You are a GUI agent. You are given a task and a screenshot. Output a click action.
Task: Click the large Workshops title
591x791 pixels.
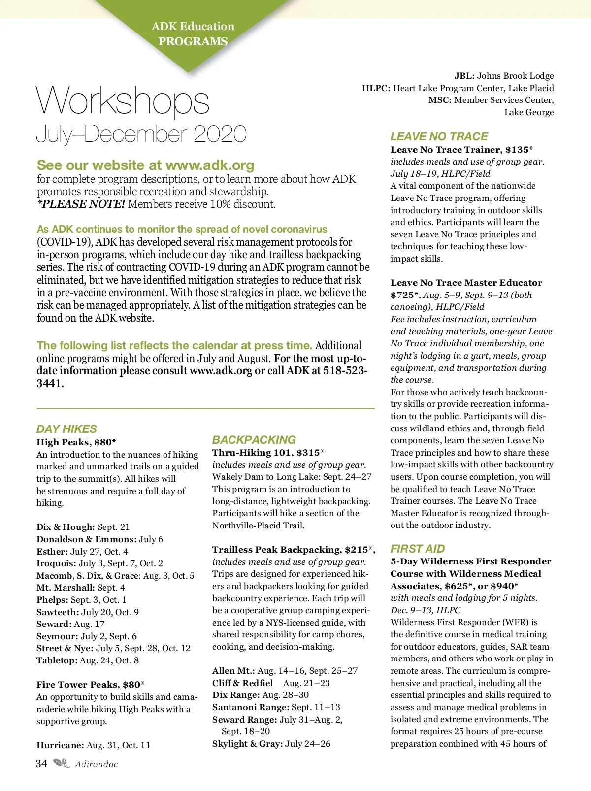tap(123, 101)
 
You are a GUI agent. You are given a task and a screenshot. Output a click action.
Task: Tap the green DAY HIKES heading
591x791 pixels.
tap(66, 429)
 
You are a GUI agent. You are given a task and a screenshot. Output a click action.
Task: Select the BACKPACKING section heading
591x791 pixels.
tap(254, 440)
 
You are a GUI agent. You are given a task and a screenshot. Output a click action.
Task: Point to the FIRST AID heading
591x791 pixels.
tap(418, 549)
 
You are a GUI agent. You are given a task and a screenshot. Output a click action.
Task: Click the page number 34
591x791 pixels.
tap(41, 764)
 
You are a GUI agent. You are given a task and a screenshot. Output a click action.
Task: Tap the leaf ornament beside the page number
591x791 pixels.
tap(62, 764)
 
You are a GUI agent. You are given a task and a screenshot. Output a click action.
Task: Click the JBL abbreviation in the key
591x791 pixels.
tap(464, 76)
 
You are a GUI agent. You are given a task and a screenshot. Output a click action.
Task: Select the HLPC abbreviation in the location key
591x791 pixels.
tap(376, 88)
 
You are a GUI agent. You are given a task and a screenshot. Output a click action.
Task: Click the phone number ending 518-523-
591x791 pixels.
tap(345, 371)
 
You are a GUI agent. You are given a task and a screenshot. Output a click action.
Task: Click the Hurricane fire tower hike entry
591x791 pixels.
tap(60, 745)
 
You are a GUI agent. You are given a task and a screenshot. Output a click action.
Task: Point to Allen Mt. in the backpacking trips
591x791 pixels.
tap(233, 671)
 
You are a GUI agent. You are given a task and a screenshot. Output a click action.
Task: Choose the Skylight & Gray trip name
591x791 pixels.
tap(247, 744)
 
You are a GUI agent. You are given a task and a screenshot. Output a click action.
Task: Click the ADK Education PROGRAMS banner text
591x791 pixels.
tap(193, 33)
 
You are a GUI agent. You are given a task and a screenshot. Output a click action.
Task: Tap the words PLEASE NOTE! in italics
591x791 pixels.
tap(81, 204)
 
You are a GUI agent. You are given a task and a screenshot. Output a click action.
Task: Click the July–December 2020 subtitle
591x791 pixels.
tap(141, 134)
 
